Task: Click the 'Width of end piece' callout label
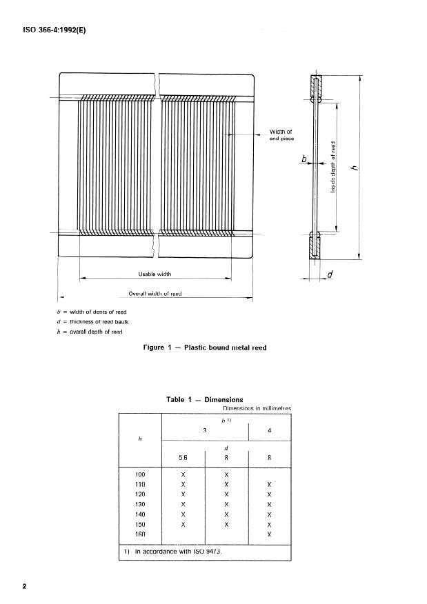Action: click(281, 134)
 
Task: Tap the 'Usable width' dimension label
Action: click(155, 274)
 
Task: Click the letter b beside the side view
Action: click(303, 160)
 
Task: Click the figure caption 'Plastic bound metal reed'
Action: click(203, 348)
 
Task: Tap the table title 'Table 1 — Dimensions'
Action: click(204, 399)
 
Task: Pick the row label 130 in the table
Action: click(140, 505)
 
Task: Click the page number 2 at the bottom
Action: click(25, 587)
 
